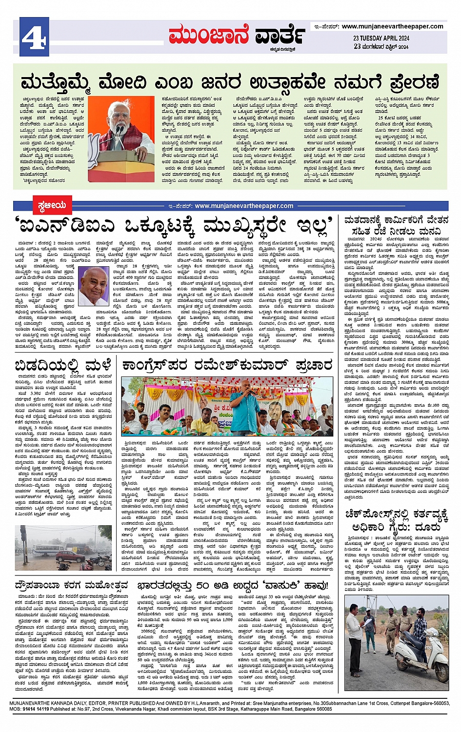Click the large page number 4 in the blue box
(34, 35)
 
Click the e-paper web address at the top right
(392, 26)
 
